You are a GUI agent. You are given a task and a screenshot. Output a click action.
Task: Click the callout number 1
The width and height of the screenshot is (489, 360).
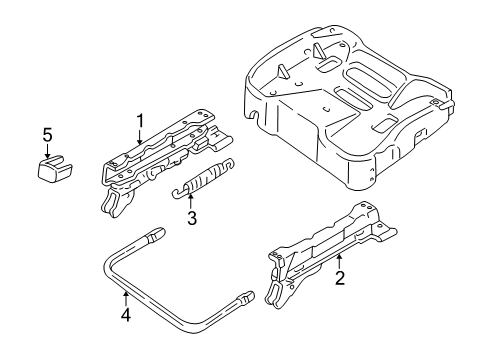pyautogui.click(x=141, y=120)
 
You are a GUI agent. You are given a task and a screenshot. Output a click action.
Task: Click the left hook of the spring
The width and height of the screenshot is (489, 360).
pyautogui.click(x=177, y=193)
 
